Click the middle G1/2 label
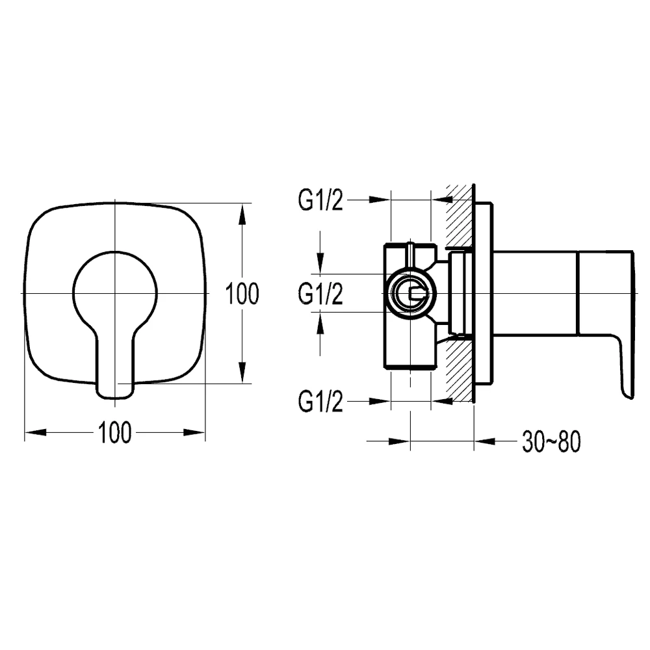pyautogui.click(x=320, y=294)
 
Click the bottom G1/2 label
pyautogui.click(x=320, y=401)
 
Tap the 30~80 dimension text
pyautogui.click(x=551, y=441)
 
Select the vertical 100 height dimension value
pyautogui.click(x=242, y=294)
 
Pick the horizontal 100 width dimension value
pyautogui.click(x=115, y=432)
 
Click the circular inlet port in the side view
pyautogui.click(x=410, y=294)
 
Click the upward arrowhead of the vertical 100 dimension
pyautogui.click(x=242, y=215)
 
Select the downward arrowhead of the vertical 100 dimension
pyautogui.click(x=242, y=372)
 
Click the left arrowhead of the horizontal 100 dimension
pyautogui.click(x=36, y=432)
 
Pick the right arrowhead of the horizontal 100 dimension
pyautogui.click(x=194, y=432)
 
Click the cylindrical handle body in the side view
pyautogui.click(x=535, y=293)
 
